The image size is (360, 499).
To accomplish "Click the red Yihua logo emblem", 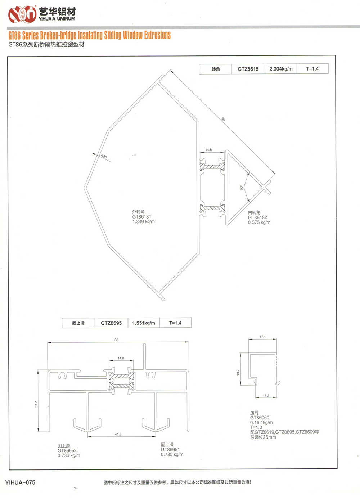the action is pyautogui.click(x=22, y=14).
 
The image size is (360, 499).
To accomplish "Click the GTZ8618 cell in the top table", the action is pyautogui.click(x=248, y=69).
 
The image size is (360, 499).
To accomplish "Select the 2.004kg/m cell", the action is pyautogui.click(x=281, y=69).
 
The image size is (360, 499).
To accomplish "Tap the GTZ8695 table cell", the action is pyautogui.click(x=111, y=323).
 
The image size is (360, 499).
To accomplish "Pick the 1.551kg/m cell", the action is pyautogui.click(x=144, y=323).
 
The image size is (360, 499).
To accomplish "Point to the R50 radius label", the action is pyautogui.click(x=104, y=156).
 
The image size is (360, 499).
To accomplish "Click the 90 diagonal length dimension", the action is pyautogui.click(x=223, y=119).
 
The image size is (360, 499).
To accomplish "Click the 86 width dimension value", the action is pyautogui.click(x=117, y=340).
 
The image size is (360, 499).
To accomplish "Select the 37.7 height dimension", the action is pyautogui.click(x=36, y=404).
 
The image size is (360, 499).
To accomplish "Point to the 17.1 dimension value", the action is pyautogui.click(x=263, y=337).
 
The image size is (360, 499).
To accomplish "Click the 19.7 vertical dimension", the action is pyautogui.click(x=238, y=372).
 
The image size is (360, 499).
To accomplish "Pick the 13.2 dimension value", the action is pyautogui.click(x=266, y=396).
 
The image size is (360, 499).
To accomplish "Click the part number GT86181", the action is pyautogui.click(x=142, y=216).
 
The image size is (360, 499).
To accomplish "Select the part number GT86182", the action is pyautogui.click(x=257, y=217).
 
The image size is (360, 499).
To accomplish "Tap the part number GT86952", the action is pyautogui.click(x=67, y=450).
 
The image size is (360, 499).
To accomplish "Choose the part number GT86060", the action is pyautogui.click(x=260, y=418).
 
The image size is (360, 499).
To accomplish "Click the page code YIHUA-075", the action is pyautogui.click(x=20, y=482).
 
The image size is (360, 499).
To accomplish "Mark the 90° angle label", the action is pyautogui.click(x=241, y=188).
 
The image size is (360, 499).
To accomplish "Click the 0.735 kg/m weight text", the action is pyautogui.click(x=172, y=454).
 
